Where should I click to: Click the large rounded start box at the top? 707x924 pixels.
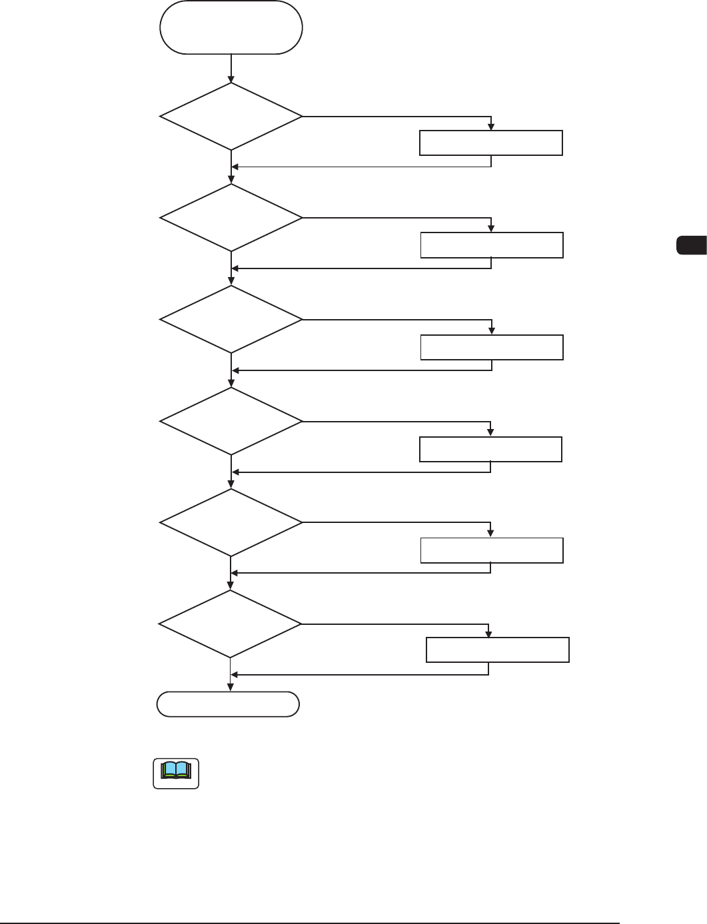pos(231,27)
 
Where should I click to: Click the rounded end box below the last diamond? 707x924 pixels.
pos(228,704)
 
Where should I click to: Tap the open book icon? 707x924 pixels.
pos(176,773)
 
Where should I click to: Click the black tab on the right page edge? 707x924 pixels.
pos(691,244)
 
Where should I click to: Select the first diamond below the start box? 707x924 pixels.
pos(231,117)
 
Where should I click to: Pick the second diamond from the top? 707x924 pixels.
pos(231,218)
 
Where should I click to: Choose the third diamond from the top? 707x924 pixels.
pos(231,320)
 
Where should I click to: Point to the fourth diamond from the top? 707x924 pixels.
pos(231,422)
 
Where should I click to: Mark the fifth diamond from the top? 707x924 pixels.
pos(231,523)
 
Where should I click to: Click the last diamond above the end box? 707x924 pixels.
pos(231,624)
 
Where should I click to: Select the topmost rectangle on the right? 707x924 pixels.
pos(491,143)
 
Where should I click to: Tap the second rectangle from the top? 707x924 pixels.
pos(492,245)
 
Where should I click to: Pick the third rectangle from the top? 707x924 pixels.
pos(492,347)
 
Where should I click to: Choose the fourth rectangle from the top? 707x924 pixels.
pos(490,449)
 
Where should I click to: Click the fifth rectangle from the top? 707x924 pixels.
pos(492,550)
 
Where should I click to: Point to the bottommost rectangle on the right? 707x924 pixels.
pos(498,650)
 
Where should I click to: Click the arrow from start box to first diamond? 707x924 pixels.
pos(231,68)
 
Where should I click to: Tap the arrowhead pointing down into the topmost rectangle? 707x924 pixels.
pos(491,127)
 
